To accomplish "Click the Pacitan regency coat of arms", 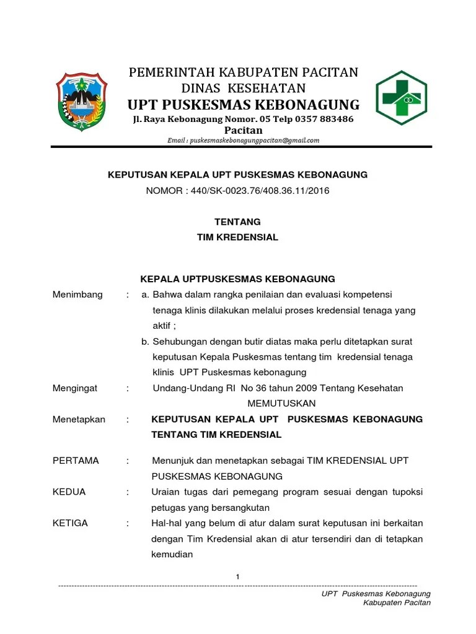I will tap(82, 101).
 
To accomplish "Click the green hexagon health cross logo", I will tap(402, 98).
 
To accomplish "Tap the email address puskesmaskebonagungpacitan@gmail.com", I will tap(244, 141).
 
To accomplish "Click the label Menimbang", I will tap(77, 294).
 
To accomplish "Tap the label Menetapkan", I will tap(79, 419).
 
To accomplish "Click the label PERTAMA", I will tap(76, 461).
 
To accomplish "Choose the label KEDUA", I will tap(69, 492).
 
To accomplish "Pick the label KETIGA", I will tap(71, 523).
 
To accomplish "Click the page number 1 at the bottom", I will tap(237, 577).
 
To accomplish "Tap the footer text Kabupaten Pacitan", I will tap(397, 603).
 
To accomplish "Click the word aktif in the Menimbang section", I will tap(162, 326).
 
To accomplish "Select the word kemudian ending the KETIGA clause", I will tap(172, 555).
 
